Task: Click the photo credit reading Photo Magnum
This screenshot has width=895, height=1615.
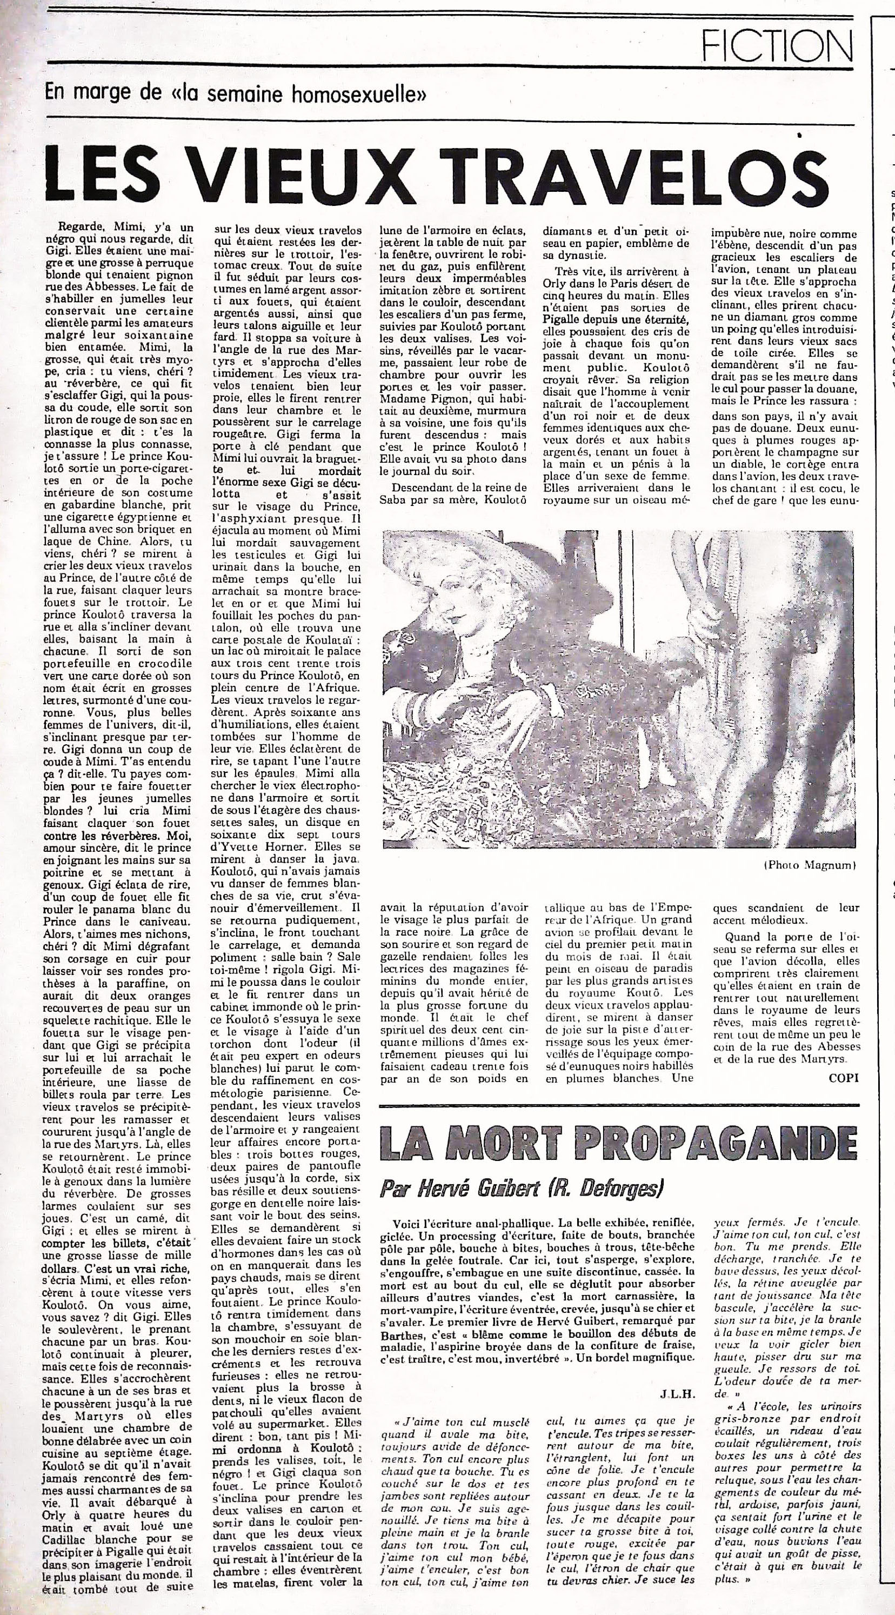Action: point(809,865)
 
